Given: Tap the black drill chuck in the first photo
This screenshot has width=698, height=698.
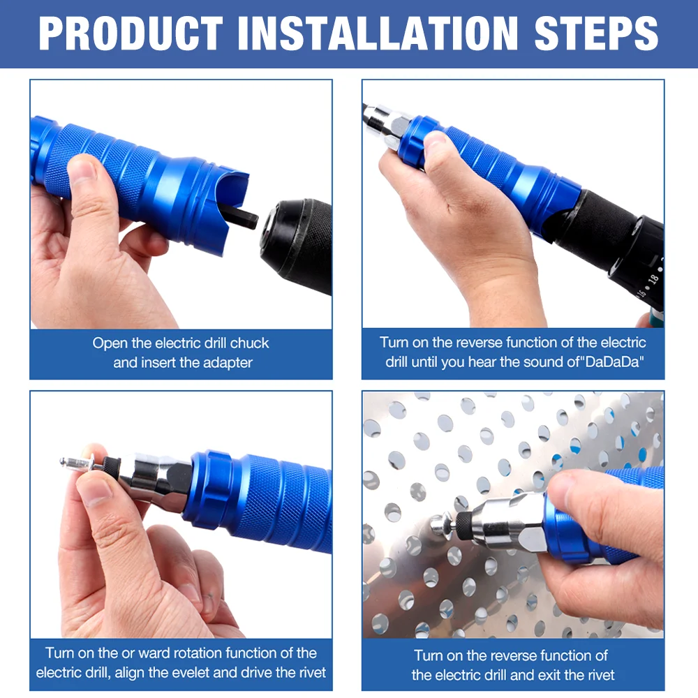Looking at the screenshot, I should pyautogui.click(x=297, y=237).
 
